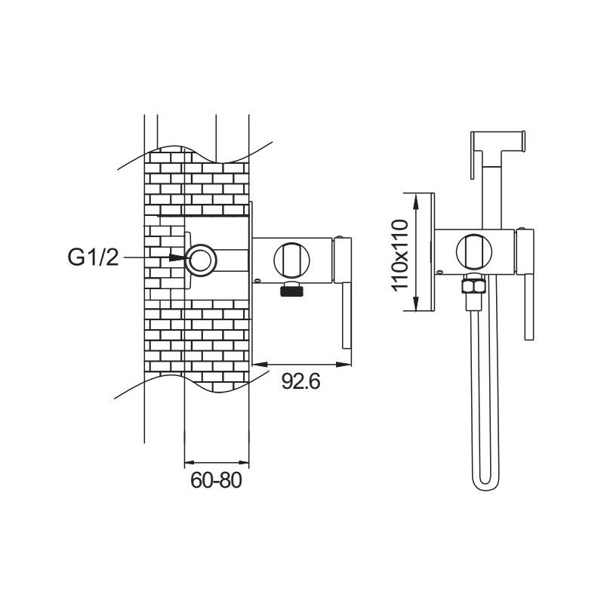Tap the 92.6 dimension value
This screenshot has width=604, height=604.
[x=301, y=382]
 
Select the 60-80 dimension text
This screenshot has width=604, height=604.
[x=216, y=481]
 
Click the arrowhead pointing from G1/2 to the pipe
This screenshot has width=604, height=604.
[x=178, y=258]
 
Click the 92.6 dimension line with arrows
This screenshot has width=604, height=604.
[x=301, y=365]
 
